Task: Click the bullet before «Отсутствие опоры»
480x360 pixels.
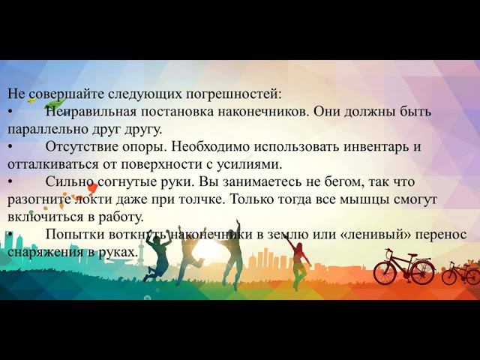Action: pyautogui.click(x=10, y=147)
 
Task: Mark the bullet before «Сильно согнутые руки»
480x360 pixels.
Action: pyautogui.click(x=10, y=182)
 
